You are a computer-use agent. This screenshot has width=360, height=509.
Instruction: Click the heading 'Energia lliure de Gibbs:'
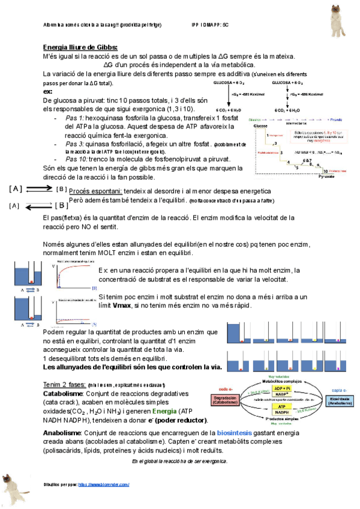point(80,47)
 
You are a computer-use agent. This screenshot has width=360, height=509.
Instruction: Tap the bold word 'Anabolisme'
point(64,432)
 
